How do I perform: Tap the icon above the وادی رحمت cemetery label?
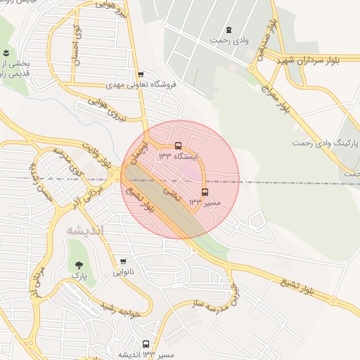pyautogui.click(x=230, y=29)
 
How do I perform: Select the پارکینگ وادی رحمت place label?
pyautogui.click(x=326, y=143)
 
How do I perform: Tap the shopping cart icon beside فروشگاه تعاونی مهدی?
pyautogui.click(x=141, y=74)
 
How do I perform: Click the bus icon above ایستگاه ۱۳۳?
pyautogui.click(x=178, y=145)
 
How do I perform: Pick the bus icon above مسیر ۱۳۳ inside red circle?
pyautogui.click(x=205, y=192)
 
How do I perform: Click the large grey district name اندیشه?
pyautogui.click(x=84, y=230)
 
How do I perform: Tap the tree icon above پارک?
pyautogui.click(x=78, y=265)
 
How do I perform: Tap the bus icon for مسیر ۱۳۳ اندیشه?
pyautogui.click(x=146, y=344)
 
